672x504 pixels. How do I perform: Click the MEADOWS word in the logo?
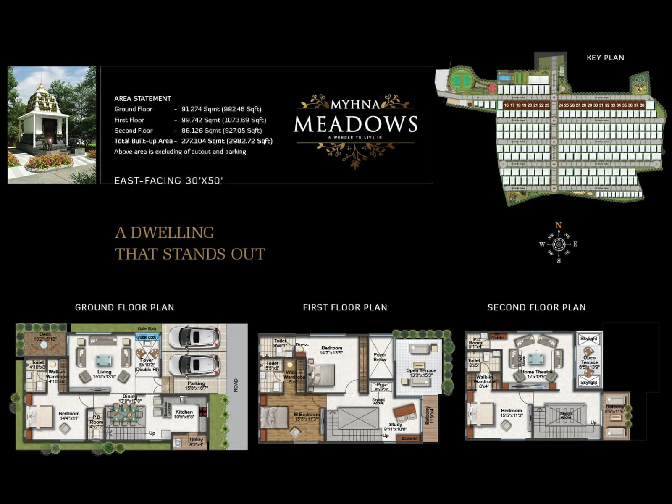click(x=355, y=124)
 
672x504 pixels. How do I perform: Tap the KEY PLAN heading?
click(x=605, y=58)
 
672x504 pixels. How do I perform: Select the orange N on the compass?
click(x=558, y=226)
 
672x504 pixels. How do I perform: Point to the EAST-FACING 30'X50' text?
click(x=168, y=181)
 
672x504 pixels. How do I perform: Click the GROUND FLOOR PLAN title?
click(x=124, y=307)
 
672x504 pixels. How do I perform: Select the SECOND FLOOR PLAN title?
click(x=536, y=307)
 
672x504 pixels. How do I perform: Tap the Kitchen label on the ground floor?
click(x=184, y=412)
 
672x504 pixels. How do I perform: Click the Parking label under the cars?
click(x=196, y=383)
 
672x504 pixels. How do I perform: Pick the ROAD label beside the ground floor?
click(x=236, y=385)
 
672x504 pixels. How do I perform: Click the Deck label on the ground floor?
click(x=45, y=334)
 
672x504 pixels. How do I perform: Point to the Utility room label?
click(x=196, y=439)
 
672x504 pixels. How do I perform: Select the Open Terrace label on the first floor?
click(x=421, y=370)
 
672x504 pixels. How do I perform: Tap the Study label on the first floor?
click(x=395, y=424)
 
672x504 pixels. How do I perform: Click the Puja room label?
click(x=381, y=385)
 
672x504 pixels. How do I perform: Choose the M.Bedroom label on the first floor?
click(x=307, y=415)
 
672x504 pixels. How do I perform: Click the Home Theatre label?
click(x=536, y=372)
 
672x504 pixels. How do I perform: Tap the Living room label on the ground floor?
click(x=104, y=372)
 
